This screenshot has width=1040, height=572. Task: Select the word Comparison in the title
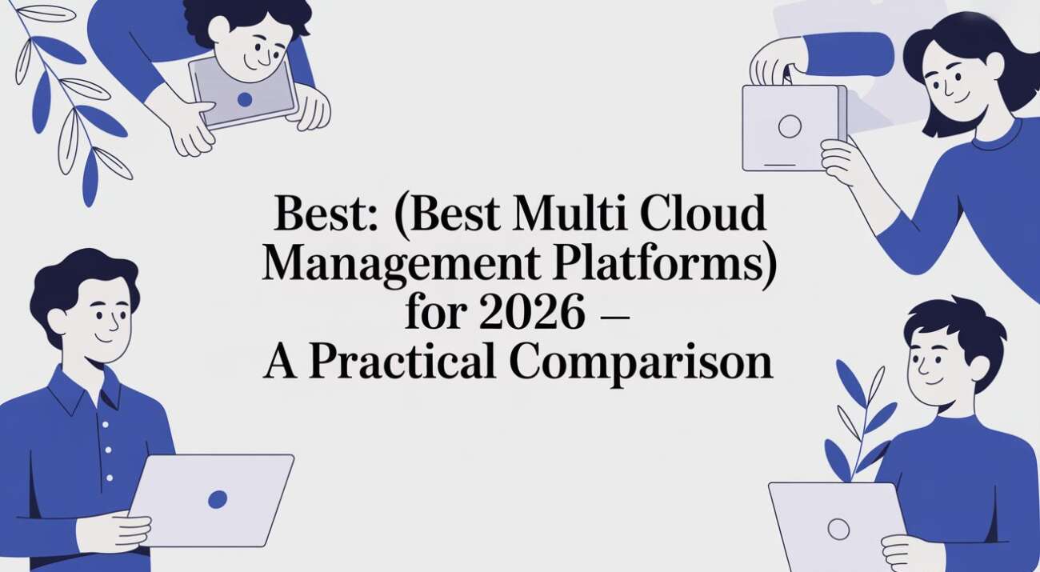641,363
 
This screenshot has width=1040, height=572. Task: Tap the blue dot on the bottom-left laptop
218,499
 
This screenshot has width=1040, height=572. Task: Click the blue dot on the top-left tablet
245,99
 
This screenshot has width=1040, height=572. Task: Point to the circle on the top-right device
790,126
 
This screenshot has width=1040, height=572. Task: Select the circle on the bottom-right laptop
838,530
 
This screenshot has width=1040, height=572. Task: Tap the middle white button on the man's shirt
108,450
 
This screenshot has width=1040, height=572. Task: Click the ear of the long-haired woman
994,62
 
